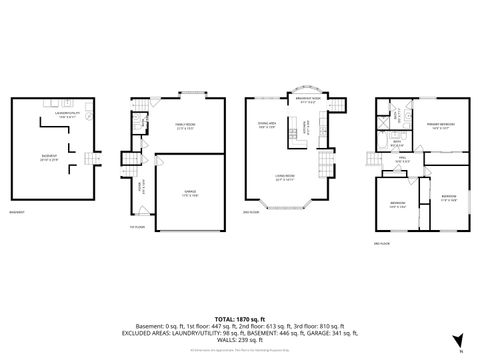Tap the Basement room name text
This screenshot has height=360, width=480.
pyautogui.click(x=46, y=156)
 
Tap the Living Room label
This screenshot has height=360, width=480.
pyautogui.click(x=285, y=177)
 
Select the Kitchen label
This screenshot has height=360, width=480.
pyautogui.click(x=298, y=128)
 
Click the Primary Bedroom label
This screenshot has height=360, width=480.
pyautogui.click(x=441, y=124)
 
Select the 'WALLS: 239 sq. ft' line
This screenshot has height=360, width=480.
pyautogui.click(x=240, y=340)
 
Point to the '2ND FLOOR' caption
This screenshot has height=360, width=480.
pyautogui.click(x=252, y=212)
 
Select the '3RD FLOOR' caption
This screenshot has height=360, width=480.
pyautogui.click(x=381, y=243)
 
